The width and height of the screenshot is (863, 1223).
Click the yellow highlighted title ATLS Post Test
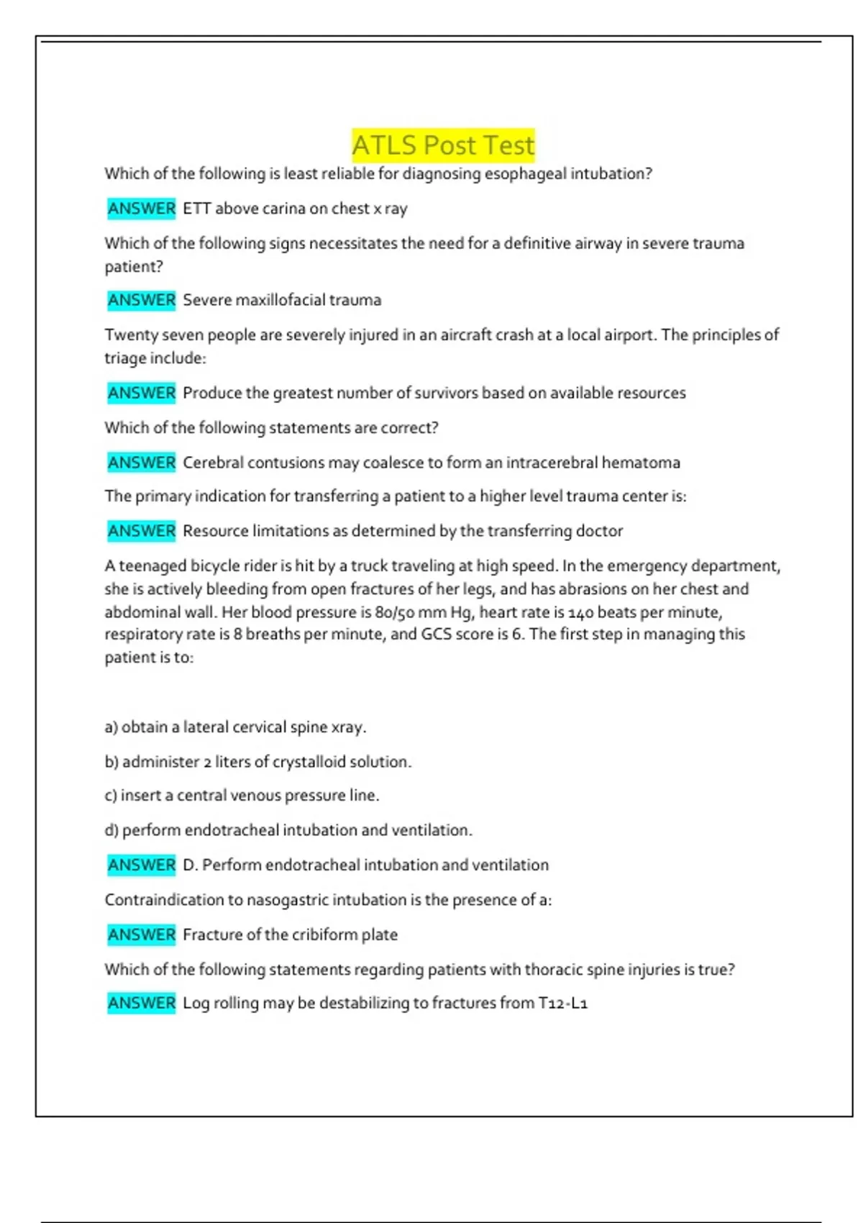[x=443, y=145]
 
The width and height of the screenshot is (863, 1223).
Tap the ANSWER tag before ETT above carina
[x=142, y=209]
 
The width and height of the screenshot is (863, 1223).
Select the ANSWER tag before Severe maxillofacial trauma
[x=142, y=300]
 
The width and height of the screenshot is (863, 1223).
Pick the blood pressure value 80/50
[x=392, y=612]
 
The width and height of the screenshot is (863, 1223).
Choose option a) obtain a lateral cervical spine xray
[x=235, y=727]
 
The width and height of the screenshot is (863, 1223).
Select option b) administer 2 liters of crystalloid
[x=258, y=762]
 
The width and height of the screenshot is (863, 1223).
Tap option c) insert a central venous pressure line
[x=242, y=796]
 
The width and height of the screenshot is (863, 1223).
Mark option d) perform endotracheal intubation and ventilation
[x=288, y=830]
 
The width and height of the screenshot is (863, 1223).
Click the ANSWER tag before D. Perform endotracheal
[x=142, y=865]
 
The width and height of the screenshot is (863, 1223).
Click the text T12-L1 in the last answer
[x=563, y=1003]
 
